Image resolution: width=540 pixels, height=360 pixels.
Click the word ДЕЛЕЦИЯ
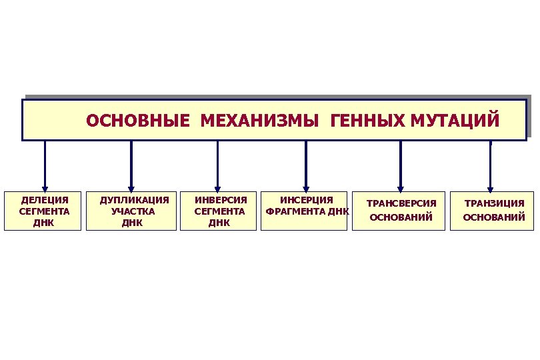coord(44,200)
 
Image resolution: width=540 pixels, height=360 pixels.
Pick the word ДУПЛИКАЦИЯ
coord(134,200)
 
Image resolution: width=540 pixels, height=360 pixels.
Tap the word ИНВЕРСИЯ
coord(220,200)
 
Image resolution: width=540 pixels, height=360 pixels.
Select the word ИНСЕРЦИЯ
coord(305,200)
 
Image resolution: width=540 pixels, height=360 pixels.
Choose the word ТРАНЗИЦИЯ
coord(494,203)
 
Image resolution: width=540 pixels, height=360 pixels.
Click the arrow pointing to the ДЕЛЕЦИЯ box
coord(45,167)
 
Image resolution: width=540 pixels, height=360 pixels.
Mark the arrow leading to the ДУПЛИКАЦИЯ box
coord(131,167)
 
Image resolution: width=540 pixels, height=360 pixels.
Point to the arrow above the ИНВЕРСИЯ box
coord(217,167)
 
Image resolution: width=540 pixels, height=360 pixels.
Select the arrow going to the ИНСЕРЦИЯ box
coord(306,167)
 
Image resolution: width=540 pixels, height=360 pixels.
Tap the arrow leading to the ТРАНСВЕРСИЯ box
coord(401,167)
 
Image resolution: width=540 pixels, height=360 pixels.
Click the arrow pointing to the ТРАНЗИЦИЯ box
coord(490,167)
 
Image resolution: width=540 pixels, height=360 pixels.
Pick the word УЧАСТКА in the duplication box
coord(133,211)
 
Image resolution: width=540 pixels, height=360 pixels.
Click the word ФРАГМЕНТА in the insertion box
coord(291,212)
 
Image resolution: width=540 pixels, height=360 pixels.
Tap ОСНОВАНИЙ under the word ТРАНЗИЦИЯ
coord(494,217)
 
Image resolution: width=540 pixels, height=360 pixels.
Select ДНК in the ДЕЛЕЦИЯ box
coord(43,223)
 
